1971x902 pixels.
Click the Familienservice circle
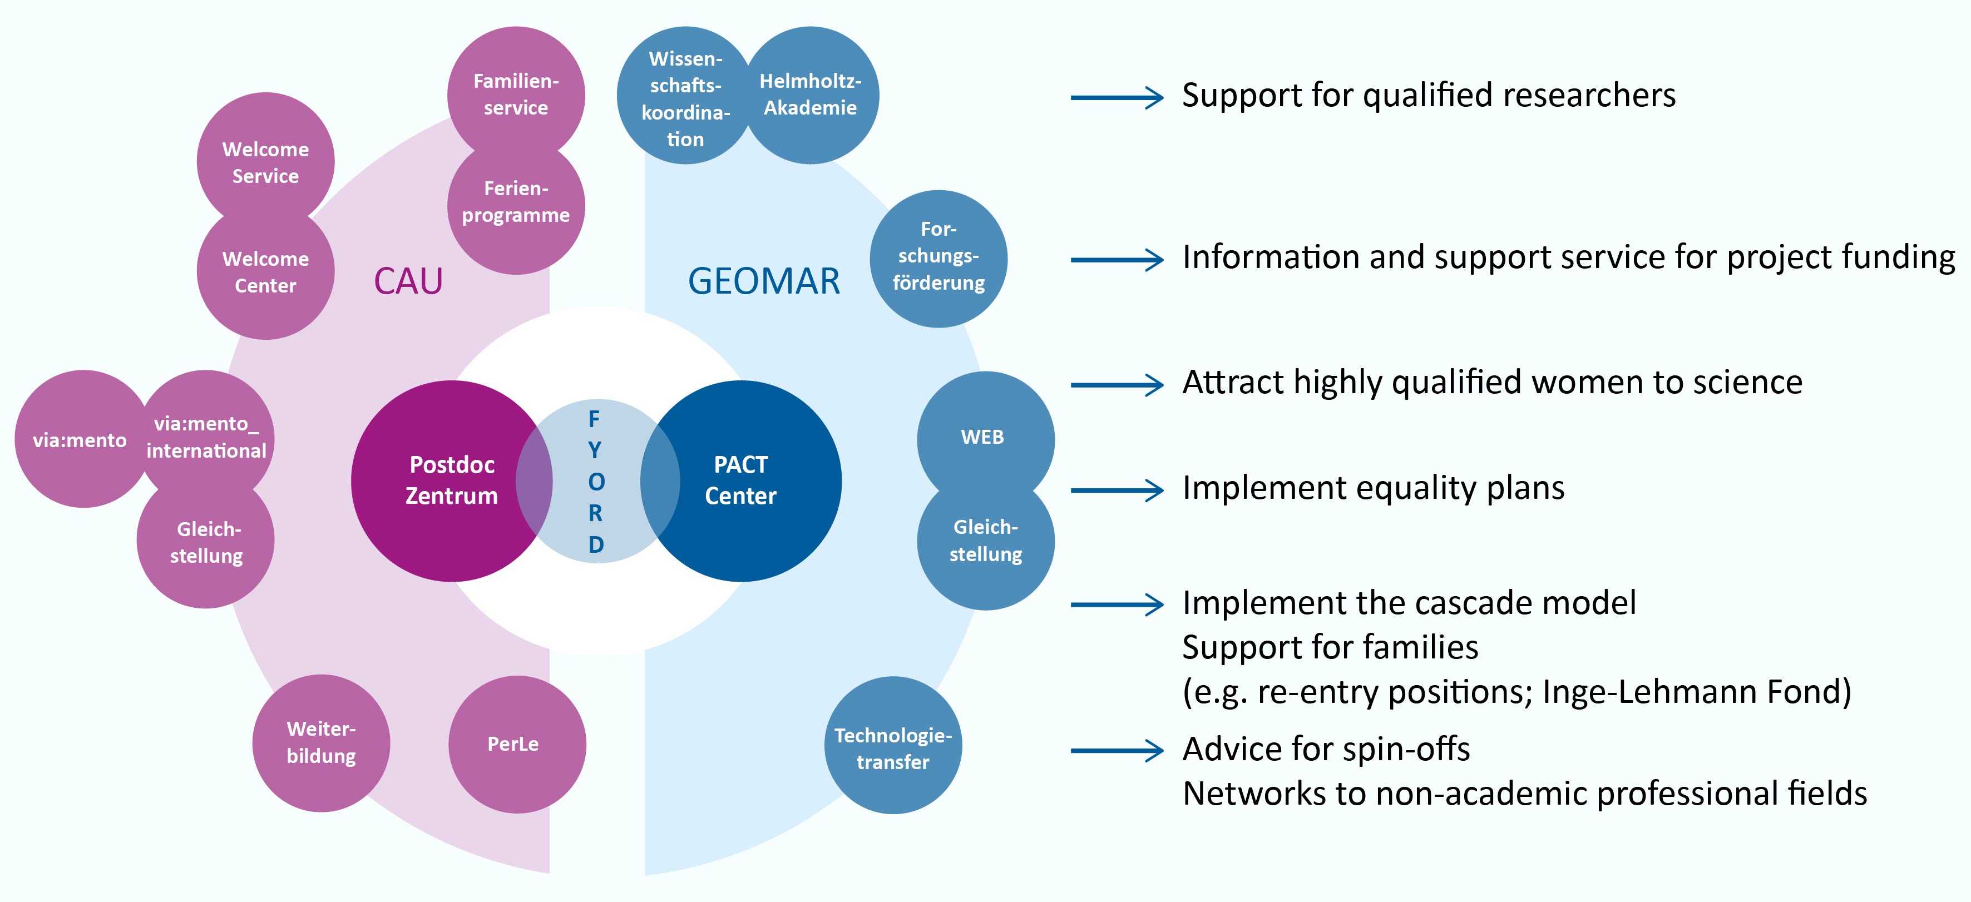click(x=516, y=94)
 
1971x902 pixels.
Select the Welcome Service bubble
click(x=265, y=162)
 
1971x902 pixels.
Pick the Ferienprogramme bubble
click(x=516, y=202)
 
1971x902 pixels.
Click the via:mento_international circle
click(x=206, y=437)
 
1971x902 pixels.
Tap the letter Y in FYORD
click(x=595, y=450)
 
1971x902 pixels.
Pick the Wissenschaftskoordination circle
click(x=685, y=98)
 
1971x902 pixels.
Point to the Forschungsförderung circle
click(x=939, y=257)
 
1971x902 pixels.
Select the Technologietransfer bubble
click(x=893, y=747)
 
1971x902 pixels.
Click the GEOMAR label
click(x=764, y=281)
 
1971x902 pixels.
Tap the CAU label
click(x=408, y=281)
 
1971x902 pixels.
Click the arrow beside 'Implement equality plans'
click(x=1117, y=490)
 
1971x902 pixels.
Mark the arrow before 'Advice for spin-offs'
click(x=1117, y=751)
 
